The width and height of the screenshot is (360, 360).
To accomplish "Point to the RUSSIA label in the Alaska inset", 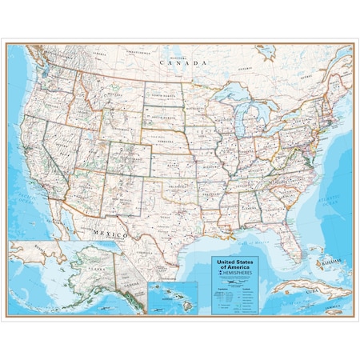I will [x=18, y=240].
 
